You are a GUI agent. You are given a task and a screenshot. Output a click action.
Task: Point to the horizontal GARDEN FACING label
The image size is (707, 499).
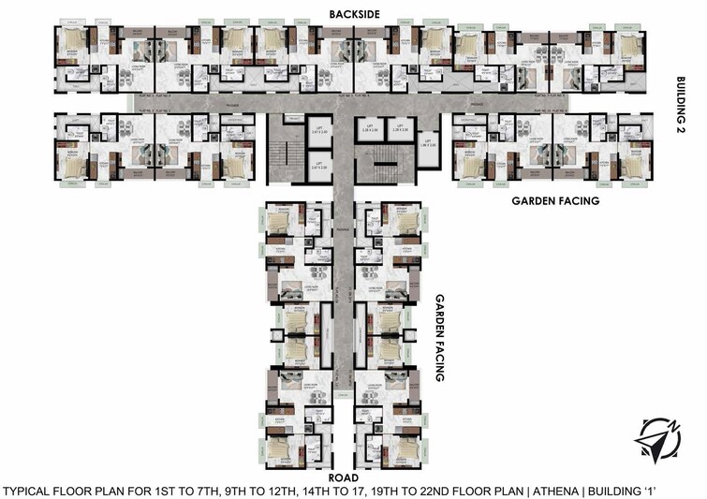[554, 200]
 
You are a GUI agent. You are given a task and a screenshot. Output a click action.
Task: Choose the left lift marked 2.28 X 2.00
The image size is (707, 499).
[371, 130]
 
